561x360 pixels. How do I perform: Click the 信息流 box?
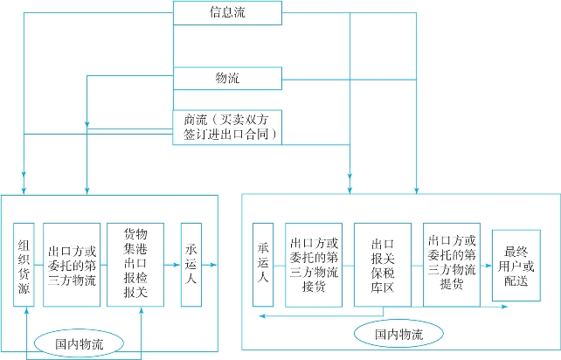pyautogui.click(x=227, y=12)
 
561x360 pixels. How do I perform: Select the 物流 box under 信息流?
pyautogui.click(x=227, y=79)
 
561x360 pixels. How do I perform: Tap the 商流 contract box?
pyautogui.click(x=227, y=127)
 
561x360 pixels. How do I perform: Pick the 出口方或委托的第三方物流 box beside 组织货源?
pyautogui.click(x=72, y=264)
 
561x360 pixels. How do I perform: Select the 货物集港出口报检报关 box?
pyautogui.click(x=135, y=264)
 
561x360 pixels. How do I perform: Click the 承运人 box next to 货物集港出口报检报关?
pyautogui.click(x=191, y=264)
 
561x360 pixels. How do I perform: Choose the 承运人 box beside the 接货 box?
pyautogui.click(x=263, y=264)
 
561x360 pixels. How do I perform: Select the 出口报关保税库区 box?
pyautogui.click(x=382, y=264)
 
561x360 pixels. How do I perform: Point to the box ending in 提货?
pyautogui.click(x=452, y=264)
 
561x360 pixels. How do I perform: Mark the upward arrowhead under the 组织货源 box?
pyautogui.click(x=28, y=310)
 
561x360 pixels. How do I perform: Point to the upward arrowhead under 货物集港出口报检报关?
pyautogui.click(x=140, y=310)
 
